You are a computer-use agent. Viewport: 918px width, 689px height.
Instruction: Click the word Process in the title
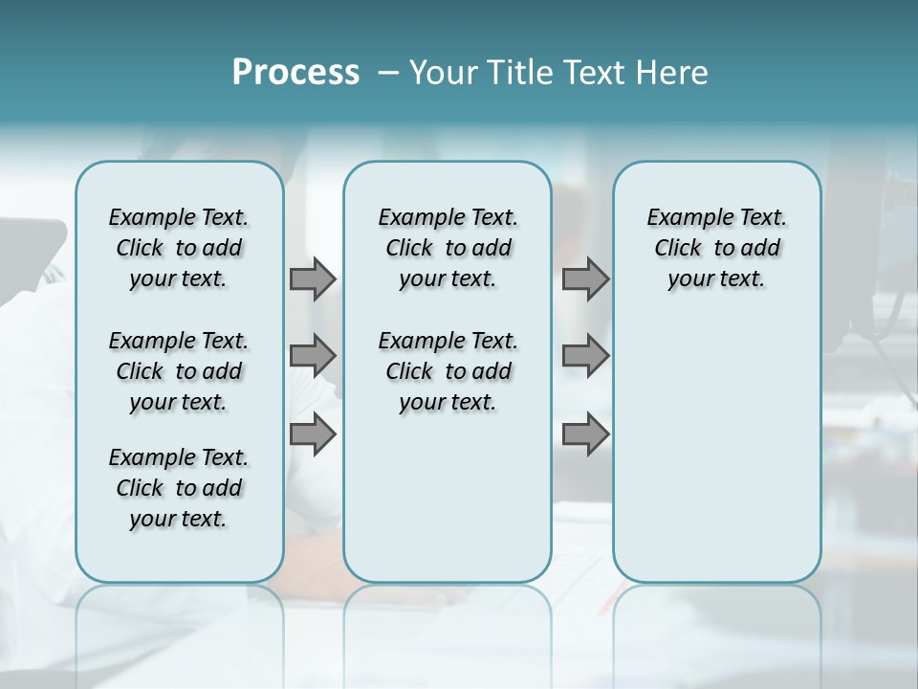295,72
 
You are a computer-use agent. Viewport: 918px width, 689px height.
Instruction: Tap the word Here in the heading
672,72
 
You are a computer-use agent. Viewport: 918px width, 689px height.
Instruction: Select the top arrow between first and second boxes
313,278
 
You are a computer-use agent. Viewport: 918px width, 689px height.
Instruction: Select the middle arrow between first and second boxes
313,356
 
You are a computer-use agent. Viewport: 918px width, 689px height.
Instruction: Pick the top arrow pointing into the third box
585,278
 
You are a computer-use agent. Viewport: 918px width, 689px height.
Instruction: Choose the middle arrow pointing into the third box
585,356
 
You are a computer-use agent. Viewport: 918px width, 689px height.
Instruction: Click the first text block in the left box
179,248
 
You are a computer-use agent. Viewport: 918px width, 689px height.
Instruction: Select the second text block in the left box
179,371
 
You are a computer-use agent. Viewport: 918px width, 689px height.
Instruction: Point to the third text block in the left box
179,488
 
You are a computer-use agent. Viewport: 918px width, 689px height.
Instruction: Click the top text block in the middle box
448,248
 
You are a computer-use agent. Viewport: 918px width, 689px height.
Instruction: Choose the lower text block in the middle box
448,371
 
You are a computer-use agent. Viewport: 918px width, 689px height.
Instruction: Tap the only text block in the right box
716,248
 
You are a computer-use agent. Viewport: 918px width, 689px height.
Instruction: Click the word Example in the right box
683,218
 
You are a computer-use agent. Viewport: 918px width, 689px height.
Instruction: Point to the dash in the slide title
388,73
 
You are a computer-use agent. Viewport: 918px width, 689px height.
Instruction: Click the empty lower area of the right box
716,450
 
